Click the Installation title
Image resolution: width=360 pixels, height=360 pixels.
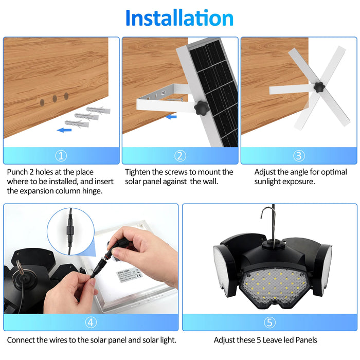point(179,18)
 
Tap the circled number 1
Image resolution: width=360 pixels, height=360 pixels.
point(61,156)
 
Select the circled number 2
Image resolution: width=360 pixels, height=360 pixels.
point(179,156)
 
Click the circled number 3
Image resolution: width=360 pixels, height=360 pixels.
point(299,156)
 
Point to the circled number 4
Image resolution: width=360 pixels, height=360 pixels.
point(91,322)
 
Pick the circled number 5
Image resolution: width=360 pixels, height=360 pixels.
point(269,322)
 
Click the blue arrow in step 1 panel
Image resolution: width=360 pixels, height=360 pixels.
point(64,130)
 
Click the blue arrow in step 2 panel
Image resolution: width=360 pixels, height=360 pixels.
point(171,116)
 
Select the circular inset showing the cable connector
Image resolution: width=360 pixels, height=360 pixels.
point(70,235)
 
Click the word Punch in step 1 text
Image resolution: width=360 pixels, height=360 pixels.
point(19,172)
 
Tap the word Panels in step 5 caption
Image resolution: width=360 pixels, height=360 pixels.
point(305,340)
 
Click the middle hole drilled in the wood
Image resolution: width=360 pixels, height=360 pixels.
point(53,98)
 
